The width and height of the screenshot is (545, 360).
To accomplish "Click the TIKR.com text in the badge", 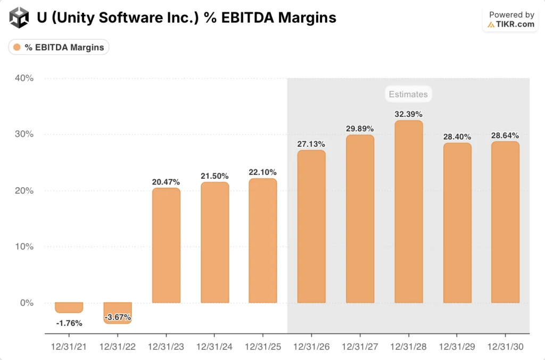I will pos(515,24).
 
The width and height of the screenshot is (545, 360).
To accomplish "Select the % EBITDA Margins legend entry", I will pos(59,47).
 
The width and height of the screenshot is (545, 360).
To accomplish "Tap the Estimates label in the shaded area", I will pos(408,94).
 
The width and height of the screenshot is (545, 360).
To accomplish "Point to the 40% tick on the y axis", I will pos(23,78).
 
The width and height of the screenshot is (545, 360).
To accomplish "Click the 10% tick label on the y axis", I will pos(23,247).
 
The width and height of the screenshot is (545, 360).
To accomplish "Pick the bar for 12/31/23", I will pos(166,245).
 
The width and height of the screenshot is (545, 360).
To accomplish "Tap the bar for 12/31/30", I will pos(505,222).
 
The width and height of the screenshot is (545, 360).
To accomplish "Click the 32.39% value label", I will pos(408,114).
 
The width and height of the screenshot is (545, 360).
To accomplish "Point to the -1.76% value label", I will pos(69,322).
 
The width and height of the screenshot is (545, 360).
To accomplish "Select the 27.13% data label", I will pos(311,144).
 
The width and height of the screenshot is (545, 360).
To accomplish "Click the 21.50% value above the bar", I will pos(214,175).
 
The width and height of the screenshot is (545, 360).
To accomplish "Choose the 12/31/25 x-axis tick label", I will pos(263,347).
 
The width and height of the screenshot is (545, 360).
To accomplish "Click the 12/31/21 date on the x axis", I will pos(69,347).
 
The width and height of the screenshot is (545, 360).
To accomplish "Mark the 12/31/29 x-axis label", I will pos(457,347).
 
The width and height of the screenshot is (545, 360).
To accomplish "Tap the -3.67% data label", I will pos(118,317).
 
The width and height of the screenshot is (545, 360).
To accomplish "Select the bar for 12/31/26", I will pos(311,227).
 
